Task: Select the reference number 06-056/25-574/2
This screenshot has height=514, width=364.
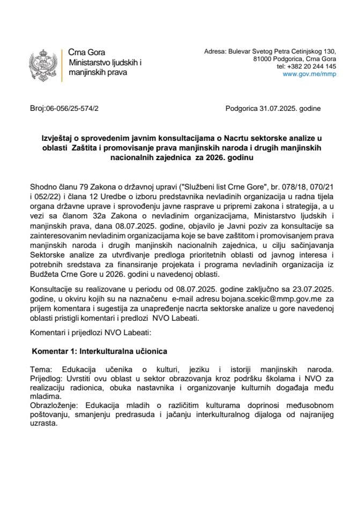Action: point(72,108)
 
